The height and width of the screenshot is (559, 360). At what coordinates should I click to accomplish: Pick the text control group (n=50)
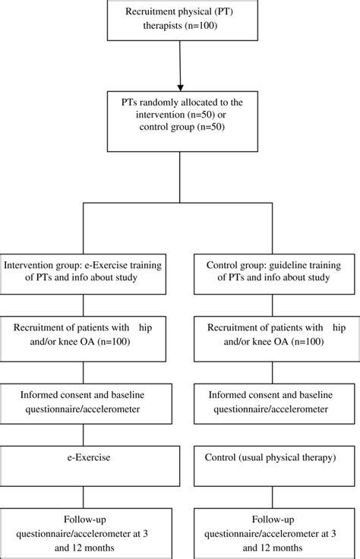click(181, 138)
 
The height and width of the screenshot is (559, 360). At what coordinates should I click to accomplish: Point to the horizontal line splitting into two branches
click(181, 205)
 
